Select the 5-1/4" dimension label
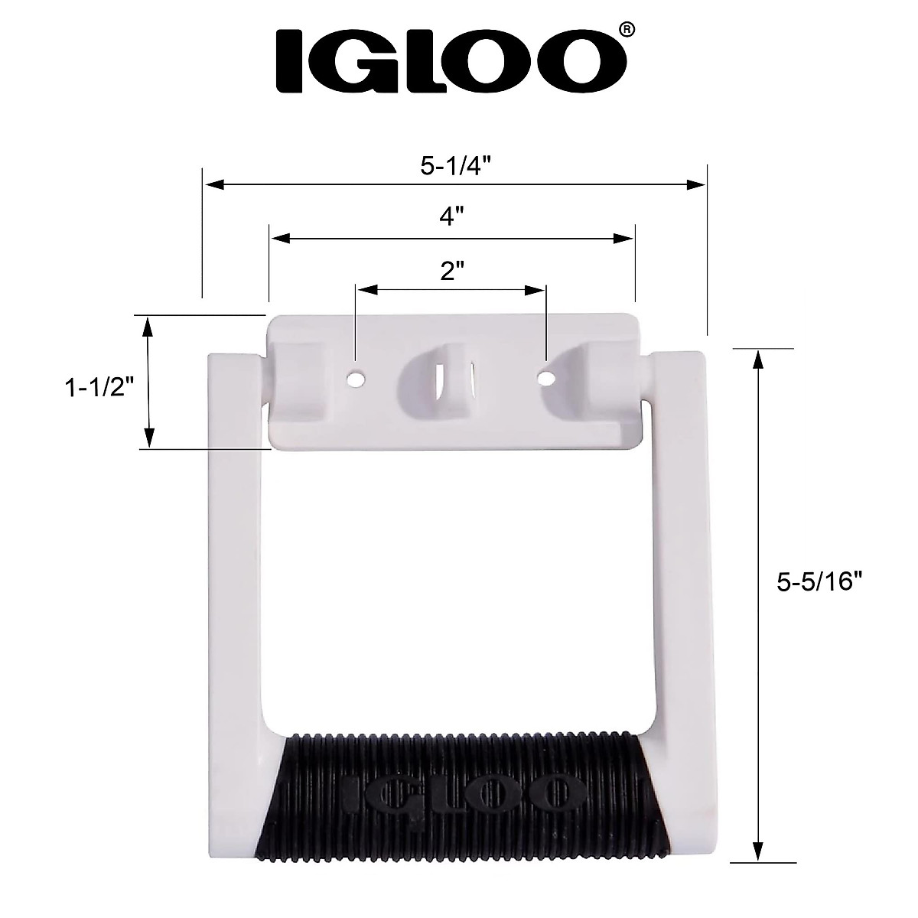click(x=455, y=167)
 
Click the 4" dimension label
click(x=452, y=217)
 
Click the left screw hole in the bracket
click(x=354, y=378)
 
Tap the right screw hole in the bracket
click(x=545, y=378)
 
